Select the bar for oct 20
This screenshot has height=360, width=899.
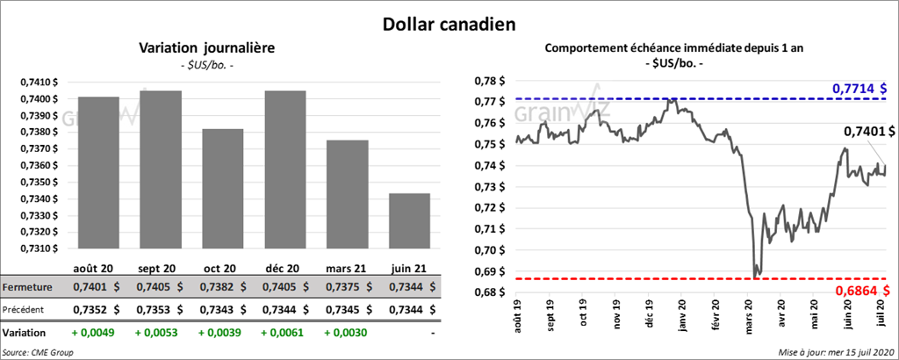(222, 190)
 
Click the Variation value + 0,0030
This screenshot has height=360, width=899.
(346, 333)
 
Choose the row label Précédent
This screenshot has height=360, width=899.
(25, 309)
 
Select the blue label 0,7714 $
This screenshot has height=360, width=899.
(859, 89)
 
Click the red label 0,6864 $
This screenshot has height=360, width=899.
(863, 291)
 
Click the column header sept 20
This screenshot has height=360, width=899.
(159, 268)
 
